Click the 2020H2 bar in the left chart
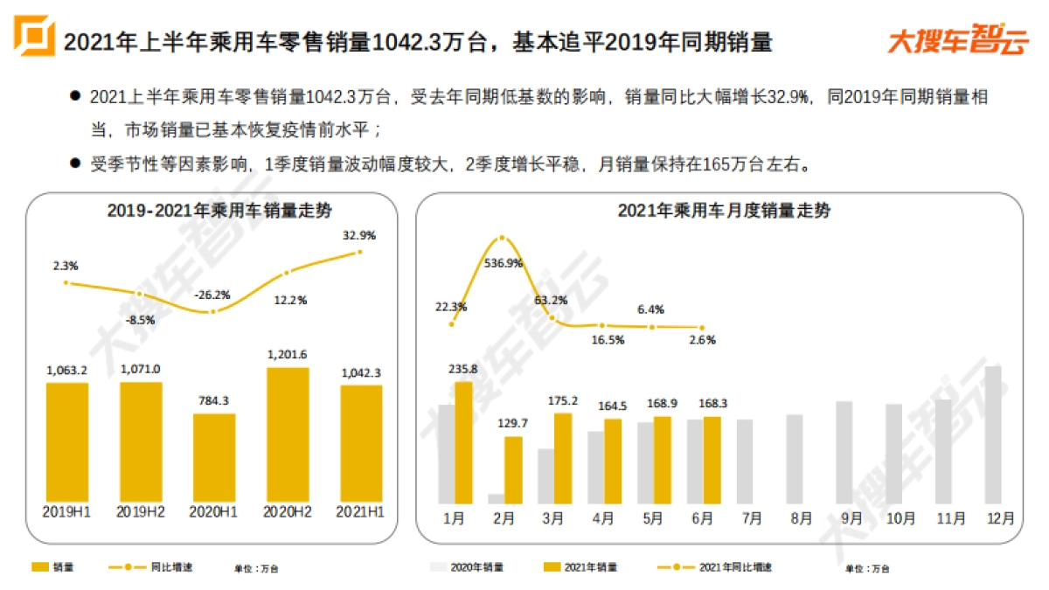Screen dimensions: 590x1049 coord(288,434)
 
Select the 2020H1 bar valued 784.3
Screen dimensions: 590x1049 coord(214,456)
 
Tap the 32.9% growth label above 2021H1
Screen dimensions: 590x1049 coord(359,235)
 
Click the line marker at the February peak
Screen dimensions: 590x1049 coord(502,238)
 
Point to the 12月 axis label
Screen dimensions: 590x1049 coord(1000,518)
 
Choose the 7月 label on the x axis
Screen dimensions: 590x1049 coord(752,518)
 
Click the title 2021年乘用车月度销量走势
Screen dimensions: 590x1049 coord(724,211)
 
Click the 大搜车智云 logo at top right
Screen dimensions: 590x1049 coord(956,41)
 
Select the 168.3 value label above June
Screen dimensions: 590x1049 coord(712,404)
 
